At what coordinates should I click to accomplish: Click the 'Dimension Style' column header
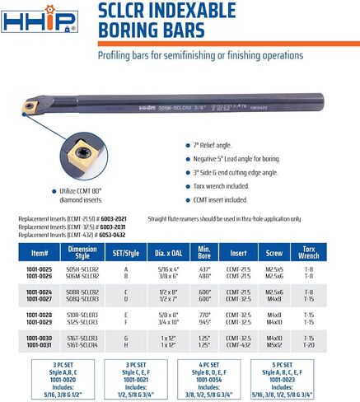point(84,251)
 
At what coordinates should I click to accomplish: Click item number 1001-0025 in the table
point(39,269)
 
